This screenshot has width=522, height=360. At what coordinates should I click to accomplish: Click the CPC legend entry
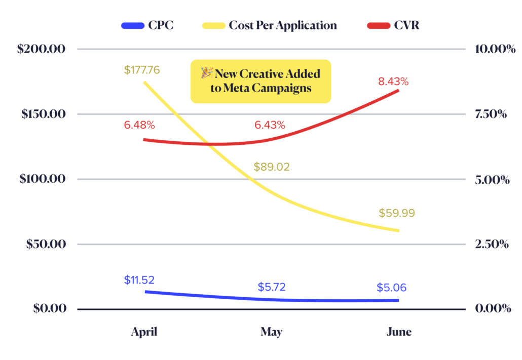(147, 25)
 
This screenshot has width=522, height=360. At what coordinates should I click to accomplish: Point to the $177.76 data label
(141, 69)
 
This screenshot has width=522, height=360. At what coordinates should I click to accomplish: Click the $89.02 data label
(271, 167)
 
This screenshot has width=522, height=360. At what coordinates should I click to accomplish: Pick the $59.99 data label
(397, 213)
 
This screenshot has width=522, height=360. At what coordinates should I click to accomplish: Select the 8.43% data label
(393, 82)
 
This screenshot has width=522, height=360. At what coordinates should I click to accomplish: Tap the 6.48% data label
(139, 125)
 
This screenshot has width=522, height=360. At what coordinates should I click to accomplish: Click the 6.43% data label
(270, 125)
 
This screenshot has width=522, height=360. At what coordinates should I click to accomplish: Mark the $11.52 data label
(139, 279)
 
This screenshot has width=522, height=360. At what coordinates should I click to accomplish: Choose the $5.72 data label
(271, 287)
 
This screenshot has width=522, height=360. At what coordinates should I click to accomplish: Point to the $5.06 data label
(391, 288)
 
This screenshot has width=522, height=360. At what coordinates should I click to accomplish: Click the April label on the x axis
(144, 332)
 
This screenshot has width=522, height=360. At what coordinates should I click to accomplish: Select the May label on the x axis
(272, 332)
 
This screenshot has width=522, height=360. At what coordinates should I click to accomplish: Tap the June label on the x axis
(399, 332)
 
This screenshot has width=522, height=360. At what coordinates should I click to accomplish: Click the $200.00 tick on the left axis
(43, 50)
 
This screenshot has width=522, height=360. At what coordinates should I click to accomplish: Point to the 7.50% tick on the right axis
(491, 114)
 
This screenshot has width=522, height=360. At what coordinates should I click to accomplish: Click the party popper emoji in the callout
(207, 73)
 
